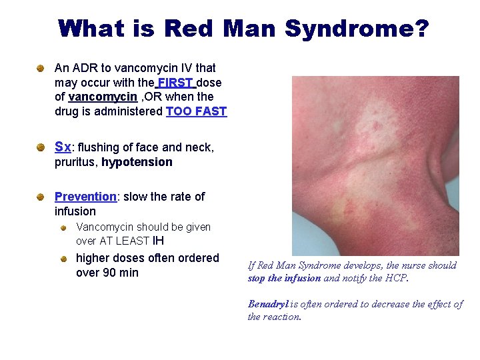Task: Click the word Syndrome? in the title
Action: coord(357,29)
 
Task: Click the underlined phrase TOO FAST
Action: coord(196,112)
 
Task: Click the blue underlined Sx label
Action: coord(62,147)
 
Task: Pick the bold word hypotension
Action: coord(137,162)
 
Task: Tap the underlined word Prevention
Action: coord(85,197)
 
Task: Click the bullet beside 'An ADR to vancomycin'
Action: coord(41,69)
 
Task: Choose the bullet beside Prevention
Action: coord(41,197)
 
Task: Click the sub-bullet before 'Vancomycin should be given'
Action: coord(63,227)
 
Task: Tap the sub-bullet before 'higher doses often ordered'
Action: coord(63,258)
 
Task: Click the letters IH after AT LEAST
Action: coord(159,241)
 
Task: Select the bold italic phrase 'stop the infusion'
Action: coord(284,279)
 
